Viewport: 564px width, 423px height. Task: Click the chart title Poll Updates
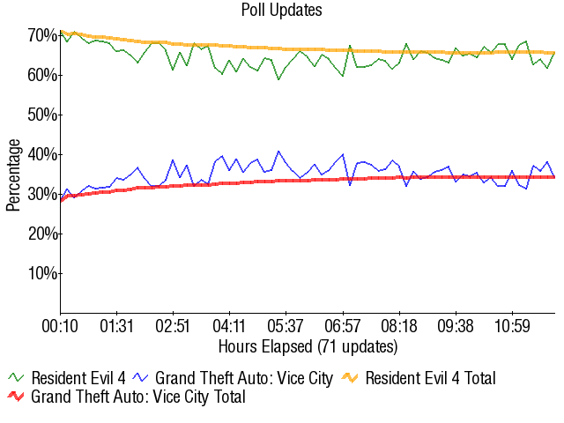282,10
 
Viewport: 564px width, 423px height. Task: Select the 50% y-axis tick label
42,115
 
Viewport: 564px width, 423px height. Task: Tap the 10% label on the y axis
42,274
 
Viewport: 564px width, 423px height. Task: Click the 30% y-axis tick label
42,195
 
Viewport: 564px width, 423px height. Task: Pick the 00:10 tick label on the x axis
60,326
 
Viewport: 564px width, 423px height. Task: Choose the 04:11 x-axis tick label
229,326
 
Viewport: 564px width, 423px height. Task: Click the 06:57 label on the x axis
343,326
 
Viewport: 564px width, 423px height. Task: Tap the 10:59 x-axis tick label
512,326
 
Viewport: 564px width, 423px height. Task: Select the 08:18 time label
399,326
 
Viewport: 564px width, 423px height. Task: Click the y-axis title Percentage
13,175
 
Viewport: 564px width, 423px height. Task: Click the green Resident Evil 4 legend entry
67,378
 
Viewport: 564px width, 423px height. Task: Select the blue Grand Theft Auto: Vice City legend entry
233,378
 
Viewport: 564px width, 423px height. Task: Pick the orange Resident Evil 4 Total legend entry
419,378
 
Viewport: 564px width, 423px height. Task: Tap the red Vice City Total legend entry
127,397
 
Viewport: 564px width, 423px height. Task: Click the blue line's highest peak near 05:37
278,152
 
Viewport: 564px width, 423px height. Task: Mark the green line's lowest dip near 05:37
278,79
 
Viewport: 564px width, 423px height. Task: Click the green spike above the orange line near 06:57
350,46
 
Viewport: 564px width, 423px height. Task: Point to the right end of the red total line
554,177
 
